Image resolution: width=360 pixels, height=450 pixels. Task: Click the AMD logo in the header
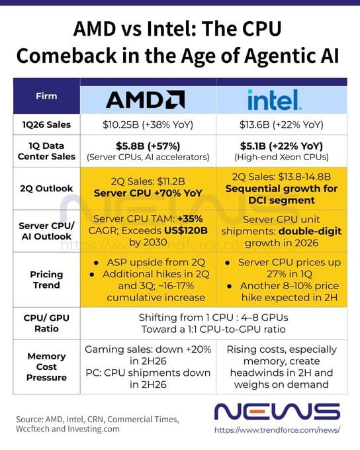[x=146, y=99]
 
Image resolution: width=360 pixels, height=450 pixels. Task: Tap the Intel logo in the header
[x=274, y=100]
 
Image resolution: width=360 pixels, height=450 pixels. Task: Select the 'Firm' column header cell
[x=46, y=96]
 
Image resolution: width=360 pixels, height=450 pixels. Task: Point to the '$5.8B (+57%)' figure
[x=148, y=146]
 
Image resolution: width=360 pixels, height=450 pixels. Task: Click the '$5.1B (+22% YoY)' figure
[x=281, y=146]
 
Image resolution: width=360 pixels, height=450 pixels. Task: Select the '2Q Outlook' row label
[x=46, y=189]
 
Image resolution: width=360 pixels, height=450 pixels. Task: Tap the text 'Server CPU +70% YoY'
[x=148, y=193]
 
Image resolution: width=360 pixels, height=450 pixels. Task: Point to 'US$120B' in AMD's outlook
[x=186, y=230]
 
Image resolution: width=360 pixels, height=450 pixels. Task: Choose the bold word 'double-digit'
[x=310, y=231]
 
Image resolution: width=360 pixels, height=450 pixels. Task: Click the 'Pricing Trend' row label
[x=46, y=280]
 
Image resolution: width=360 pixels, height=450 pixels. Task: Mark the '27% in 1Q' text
[x=289, y=274]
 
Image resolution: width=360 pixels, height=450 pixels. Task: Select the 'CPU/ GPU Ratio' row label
[x=46, y=323]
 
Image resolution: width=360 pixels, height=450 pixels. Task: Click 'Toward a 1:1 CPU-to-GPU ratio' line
[x=213, y=329]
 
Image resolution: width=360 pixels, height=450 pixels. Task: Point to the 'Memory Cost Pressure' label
[x=46, y=367]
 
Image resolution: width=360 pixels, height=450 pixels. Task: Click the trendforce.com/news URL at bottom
[x=277, y=430]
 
